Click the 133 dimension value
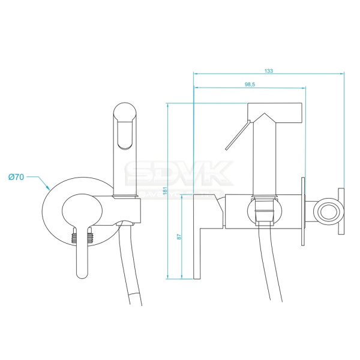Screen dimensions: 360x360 [268, 71]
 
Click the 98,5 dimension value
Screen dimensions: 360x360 [250, 85]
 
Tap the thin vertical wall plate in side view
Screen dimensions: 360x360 [304, 212]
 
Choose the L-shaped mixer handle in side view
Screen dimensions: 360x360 [204, 240]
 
